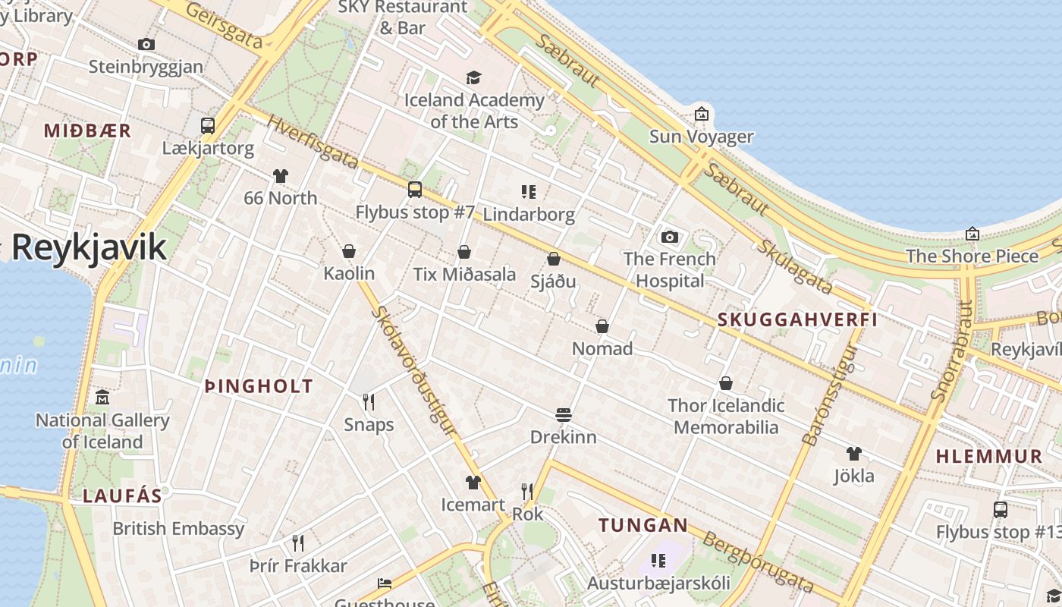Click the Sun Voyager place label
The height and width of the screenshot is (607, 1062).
pos(701,137)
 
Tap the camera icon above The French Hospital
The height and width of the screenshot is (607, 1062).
pos(669,237)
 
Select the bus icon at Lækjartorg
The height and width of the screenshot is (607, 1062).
pos(208,126)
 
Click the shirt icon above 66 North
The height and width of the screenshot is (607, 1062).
pos(281,176)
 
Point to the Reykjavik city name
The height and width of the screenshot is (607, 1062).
pos(89,247)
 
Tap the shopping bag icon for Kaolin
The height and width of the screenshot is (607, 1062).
pos(349,251)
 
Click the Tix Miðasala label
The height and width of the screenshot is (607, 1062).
pos(464,274)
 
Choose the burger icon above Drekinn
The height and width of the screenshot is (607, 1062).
pos(563,415)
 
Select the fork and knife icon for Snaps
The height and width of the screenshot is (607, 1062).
pos(369,401)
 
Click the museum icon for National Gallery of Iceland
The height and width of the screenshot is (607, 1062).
pos(102,398)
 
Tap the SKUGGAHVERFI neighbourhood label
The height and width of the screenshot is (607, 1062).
pos(797,319)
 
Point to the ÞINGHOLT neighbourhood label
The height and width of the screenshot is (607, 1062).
pos(259,387)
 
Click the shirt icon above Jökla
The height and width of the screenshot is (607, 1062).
pos(854,454)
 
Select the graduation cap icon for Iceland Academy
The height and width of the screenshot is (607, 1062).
pos(474,77)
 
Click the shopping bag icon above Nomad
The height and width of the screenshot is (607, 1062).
pos(602,326)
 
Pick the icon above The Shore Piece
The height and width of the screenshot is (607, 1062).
pos(972,234)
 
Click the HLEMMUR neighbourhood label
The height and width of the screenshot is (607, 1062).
pos(989,457)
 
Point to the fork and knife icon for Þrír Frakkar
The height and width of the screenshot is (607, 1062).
pos(298,543)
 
